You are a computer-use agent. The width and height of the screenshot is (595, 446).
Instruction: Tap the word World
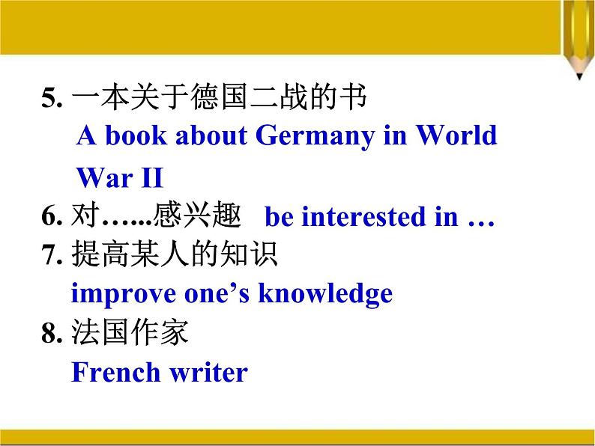(456, 135)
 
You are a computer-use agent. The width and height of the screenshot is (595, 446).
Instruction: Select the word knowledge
(325, 293)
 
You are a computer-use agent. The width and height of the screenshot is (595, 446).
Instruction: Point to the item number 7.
(50, 255)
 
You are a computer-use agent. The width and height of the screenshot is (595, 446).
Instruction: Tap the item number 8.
(50, 334)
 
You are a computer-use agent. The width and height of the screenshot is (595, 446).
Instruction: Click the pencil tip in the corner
(580, 74)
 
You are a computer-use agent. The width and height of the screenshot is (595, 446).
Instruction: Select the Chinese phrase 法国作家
(130, 333)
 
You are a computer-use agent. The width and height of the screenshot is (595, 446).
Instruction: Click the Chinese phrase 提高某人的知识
(174, 255)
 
